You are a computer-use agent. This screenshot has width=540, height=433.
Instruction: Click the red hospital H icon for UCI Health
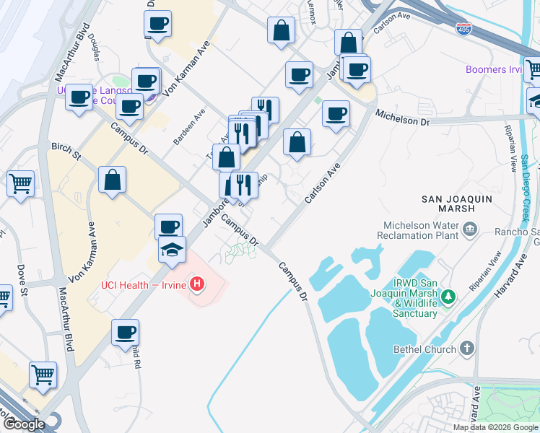[197, 284]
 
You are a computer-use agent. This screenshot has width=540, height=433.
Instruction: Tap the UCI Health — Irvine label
[142, 285]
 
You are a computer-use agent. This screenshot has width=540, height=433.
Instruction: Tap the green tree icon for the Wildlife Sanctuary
[448, 296]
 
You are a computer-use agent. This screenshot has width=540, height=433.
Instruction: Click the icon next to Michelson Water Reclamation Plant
[471, 229]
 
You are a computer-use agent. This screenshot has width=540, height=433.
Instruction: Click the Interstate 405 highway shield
[465, 30]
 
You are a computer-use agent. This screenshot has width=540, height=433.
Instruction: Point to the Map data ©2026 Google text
[495, 427]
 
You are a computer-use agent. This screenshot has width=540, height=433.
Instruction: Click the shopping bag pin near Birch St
[112, 180]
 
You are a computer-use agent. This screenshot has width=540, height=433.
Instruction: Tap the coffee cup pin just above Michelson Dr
[336, 113]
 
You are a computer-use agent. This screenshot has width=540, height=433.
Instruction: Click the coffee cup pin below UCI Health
[126, 332]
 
